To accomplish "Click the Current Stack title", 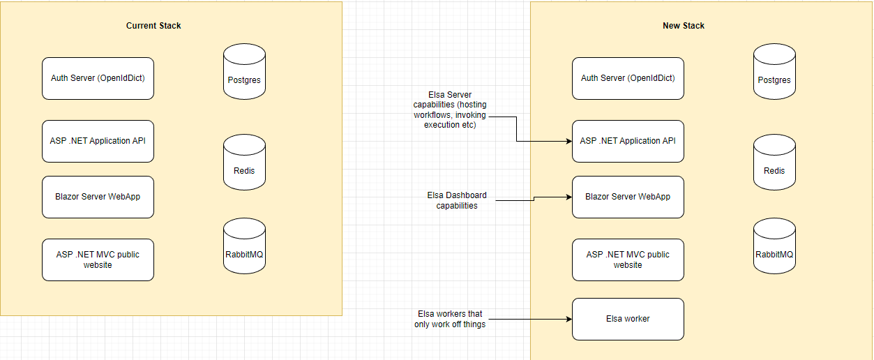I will (153, 26).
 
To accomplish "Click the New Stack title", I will (684, 26).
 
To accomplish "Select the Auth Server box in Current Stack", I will (98, 78).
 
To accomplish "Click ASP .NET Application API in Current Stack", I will (98, 141).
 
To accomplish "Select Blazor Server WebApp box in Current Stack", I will (98, 197).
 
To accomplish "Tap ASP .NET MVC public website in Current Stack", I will (98, 260).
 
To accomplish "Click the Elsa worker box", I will (628, 319).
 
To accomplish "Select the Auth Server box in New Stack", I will (628, 78).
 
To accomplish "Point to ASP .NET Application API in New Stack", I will (628, 141).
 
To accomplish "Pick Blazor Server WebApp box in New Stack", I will (628, 197).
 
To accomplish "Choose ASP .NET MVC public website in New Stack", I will (628, 260).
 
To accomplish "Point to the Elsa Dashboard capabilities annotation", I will (457, 200).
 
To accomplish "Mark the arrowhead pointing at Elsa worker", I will (568, 320).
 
